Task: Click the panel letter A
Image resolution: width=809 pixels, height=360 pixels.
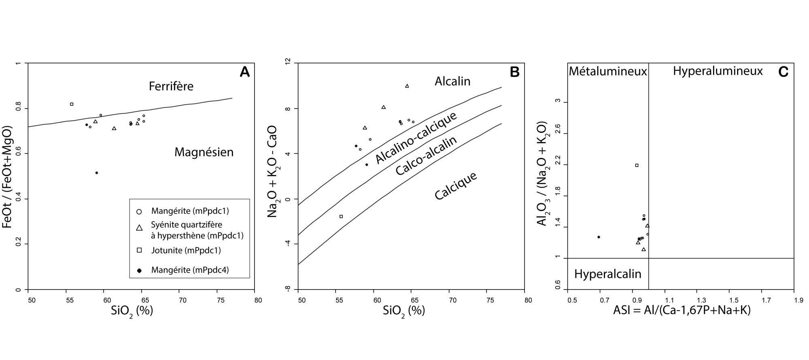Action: pos(244,72)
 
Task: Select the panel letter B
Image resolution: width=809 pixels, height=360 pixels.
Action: pos(514,72)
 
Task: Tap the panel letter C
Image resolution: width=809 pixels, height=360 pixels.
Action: pos(783,72)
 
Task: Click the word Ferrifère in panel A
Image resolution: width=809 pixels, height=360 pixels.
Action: pos(171,86)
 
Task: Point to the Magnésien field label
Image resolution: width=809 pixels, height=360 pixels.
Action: pos(204,152)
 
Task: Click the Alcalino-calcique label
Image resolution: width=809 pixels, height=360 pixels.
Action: pos(416,138)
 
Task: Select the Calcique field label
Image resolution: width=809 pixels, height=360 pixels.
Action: pos(456,186)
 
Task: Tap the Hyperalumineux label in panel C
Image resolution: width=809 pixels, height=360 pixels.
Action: pos(718,71)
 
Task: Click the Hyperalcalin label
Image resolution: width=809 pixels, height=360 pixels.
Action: pos(607,274)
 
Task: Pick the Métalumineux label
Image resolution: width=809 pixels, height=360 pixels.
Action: pos(608,72)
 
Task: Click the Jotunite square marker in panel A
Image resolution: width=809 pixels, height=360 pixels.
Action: pos(72,104)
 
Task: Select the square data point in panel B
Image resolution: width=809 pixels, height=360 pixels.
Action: pos(341,216)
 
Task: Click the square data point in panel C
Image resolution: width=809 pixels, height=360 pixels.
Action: pos(637,165)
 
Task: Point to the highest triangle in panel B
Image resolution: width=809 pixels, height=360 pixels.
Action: pos(407,86)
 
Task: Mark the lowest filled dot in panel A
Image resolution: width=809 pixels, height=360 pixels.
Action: pos(96,173)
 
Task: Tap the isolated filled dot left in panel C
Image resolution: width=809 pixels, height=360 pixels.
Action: pos(599,237)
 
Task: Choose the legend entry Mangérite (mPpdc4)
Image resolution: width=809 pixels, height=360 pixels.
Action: pos(190,270)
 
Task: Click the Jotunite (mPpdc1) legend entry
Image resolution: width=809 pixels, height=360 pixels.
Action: pos(186,250)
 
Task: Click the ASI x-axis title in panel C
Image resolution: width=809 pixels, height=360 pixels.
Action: pos(682,311)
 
